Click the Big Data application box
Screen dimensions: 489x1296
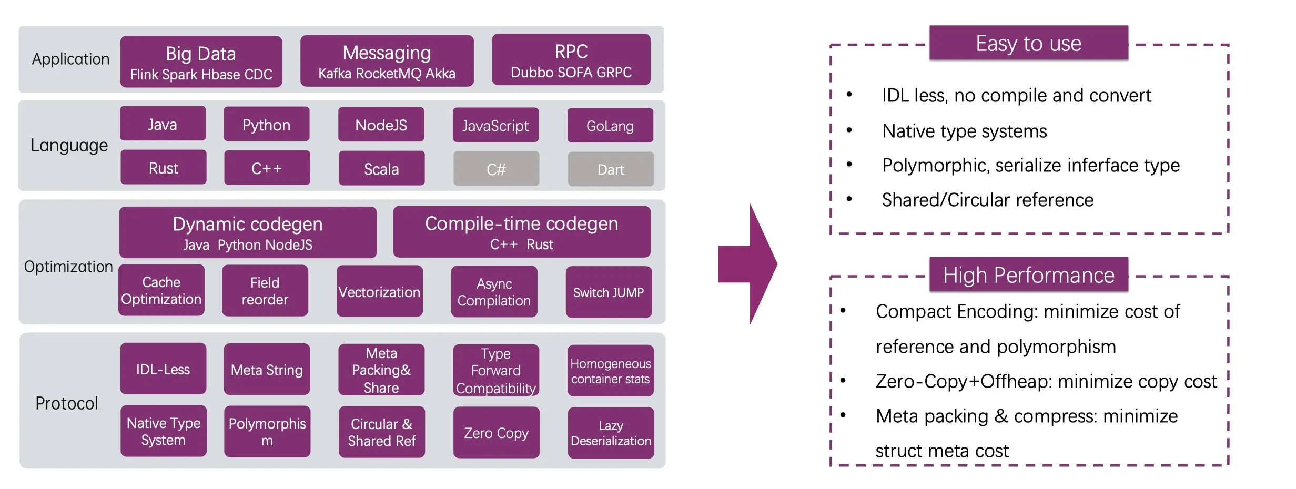tap(201, 62)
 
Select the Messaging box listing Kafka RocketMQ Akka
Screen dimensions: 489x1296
tap(387, 61)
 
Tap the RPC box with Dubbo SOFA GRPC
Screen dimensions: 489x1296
tap(571, 60)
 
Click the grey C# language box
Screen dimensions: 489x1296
tap(496, 169)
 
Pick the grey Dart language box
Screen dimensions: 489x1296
tap(611, 169)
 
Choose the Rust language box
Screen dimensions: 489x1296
tap(163, 168)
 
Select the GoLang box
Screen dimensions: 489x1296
tap(610, 126)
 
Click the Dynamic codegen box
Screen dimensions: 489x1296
tap(248, 232)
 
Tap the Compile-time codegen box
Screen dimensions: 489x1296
tap(521, 232)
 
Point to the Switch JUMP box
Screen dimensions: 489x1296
tap(609, 292)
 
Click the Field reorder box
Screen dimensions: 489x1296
tap(265, 291)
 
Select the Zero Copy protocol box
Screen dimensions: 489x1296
tap(496, 433)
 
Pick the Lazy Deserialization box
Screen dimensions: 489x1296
tap(611, 433)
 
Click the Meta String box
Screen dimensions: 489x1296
tap(267, 370)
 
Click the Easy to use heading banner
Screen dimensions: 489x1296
tap(1028, 43)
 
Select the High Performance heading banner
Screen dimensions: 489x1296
tap(1028, 275)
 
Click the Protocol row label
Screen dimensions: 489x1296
tap(67, 403)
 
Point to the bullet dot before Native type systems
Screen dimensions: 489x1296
tap(849, 130)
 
